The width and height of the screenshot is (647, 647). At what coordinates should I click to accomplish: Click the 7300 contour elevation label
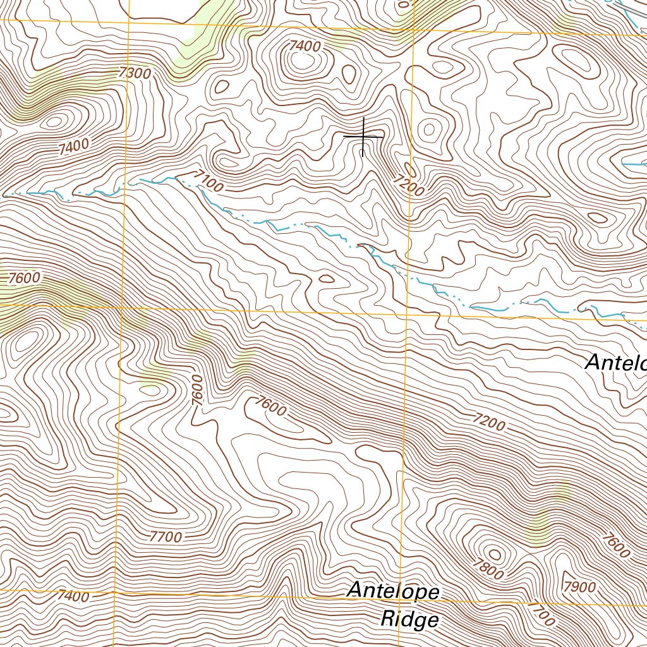pyautogui.click(x=135, y=73)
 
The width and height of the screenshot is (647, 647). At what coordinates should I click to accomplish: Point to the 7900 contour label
pyautogui.click(x=580, y=587)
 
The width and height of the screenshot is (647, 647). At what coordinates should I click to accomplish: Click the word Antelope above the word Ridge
pyautogui.click(x=393, y=592)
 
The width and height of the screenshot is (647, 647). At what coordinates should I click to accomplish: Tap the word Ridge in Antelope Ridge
pyautogui.click(x=409, y=620)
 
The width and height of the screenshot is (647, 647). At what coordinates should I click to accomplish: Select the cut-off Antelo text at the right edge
pyautogui.click(x=615, y=363)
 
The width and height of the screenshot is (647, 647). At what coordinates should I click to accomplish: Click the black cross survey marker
pyautogui.click(x=363, y=136)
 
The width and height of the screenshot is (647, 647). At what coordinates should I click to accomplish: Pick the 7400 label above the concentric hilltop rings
pyautogui.click(x=304, y=46)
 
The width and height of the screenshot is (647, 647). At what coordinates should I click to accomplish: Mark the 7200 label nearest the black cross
pyautogui.click(x=408, y=184)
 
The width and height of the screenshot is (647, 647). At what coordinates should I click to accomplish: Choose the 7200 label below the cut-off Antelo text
pyautogui.click(x=488, y=421)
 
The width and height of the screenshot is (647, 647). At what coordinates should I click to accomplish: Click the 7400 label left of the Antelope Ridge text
pyautogui.click(x=73, y=596)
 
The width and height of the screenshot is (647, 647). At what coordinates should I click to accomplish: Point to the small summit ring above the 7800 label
pyautogui.click(x=495, y=555)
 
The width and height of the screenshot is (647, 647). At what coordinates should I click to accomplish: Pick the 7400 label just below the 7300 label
pyautogui.click(x=73, y=147)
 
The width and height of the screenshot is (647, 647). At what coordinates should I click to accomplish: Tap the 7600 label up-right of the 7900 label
pyautogui.click(x=616, y=546)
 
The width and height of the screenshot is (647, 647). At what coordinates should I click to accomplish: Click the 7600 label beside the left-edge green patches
pyautogui.click(x=24, y=277)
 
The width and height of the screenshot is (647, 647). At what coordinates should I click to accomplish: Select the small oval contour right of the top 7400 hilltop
pyautogui.click(x=349, y=74)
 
